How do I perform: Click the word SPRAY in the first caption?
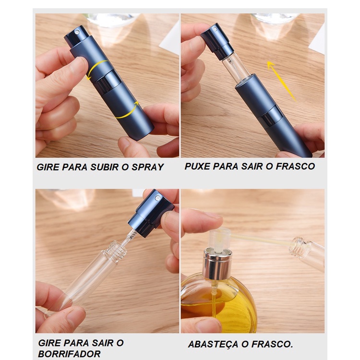pos(147,167)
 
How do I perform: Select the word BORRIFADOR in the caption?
pos(69,354)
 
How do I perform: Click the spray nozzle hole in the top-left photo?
pos(78,32)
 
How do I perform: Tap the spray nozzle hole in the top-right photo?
pos(215,29)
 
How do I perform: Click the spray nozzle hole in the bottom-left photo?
pos(157,197)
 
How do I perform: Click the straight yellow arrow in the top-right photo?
pos(281,81)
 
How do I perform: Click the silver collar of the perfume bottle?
pos(217,264)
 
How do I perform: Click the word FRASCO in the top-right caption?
pos(295,167)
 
